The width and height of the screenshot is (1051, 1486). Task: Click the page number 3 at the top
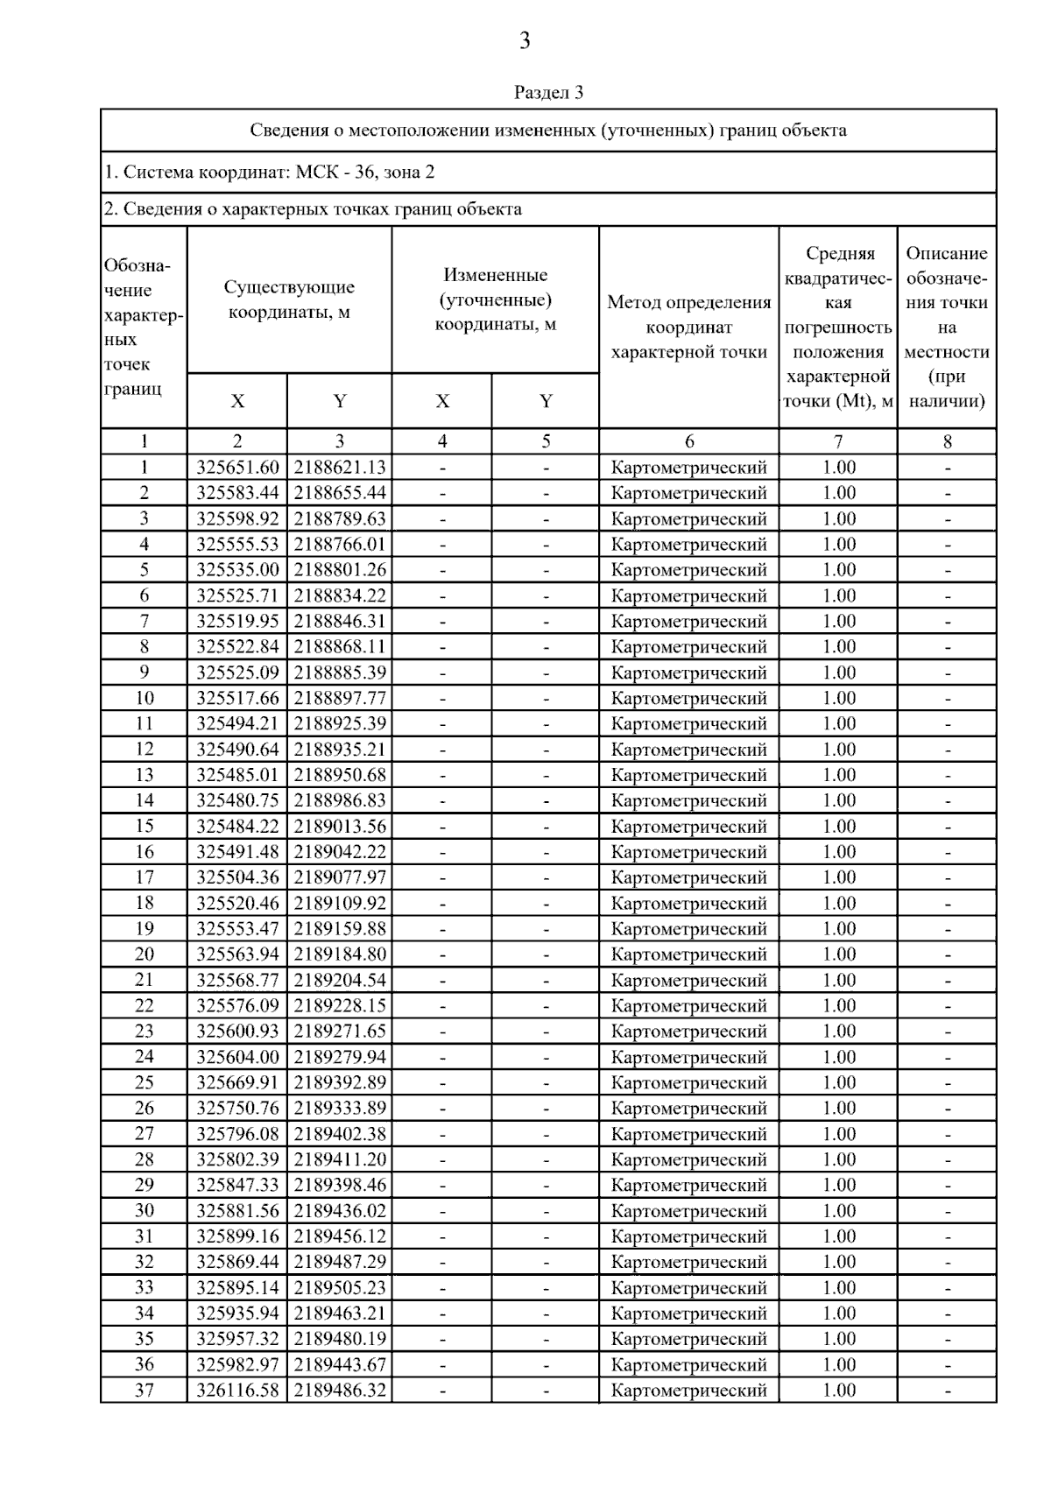pyautogui.click(x=525, y=41)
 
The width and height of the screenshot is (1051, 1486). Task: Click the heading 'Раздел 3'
pyautogui.click(x=548, y=92)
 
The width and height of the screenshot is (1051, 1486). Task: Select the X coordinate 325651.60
pyautogui.click(x=237, y=468)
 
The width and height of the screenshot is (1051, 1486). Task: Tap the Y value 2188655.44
pyautogui.click(x=340, y=493)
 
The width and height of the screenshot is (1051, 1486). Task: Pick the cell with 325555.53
pyautogui.click(x=237, y=545)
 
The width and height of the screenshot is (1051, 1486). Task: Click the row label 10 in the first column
pyautogui.click(x=145, y=698)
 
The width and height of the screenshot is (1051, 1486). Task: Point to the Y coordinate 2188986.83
pyautogui.click(x=340, y=800)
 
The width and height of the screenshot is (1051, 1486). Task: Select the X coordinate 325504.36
pyautogui.click(x=237, y=877)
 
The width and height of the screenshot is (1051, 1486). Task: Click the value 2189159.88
pyautogui.click(x=340, y=928)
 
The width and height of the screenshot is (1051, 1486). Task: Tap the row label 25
pyautogui.click(x=145, y=1082)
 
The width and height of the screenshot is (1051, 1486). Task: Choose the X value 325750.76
pyautogui.click(x=237, y=1108)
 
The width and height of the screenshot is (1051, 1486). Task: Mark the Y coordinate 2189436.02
pyautogui.click(x=340, y=1210)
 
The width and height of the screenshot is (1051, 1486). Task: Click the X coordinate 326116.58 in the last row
pyautogui.click(x=237, y=1390)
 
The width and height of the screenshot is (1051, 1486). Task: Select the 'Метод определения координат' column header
pyautogui.click(x=689, y=327)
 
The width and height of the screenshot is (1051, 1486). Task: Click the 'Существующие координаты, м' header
pyautogui.click(x=289, y=299)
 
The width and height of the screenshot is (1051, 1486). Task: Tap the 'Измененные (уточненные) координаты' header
pyautogui.click(x=496, y=299)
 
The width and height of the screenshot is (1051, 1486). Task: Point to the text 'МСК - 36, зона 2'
pyautogui.click(x=364, y=173)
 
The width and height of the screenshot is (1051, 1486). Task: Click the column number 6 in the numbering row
pyautogui.click(x=689, y=442)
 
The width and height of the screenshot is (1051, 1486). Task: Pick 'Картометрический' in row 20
pyautogui.click(x=689, y=954)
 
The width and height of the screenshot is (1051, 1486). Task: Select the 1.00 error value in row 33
pyautogui.click(x=838, y=1287)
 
